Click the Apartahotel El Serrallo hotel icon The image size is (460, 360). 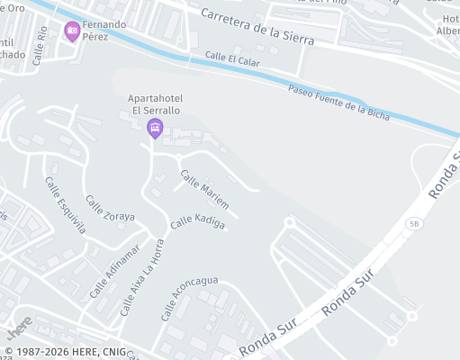click(154, 129)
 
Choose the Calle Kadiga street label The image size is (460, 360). click(198, 221)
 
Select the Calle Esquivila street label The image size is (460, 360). click(65, 204)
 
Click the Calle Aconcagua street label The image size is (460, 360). click(189, 298)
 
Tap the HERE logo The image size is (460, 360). click(20, 323)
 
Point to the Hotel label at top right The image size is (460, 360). click(448, 24)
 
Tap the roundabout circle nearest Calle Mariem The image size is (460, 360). click(290, 221)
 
